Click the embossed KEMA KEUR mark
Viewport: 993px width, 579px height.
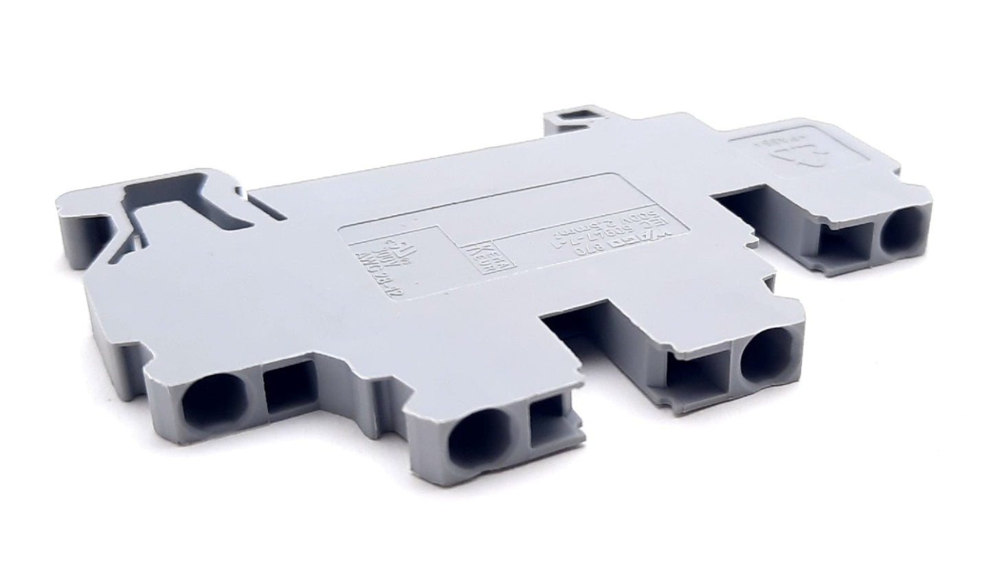(479, 258)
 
